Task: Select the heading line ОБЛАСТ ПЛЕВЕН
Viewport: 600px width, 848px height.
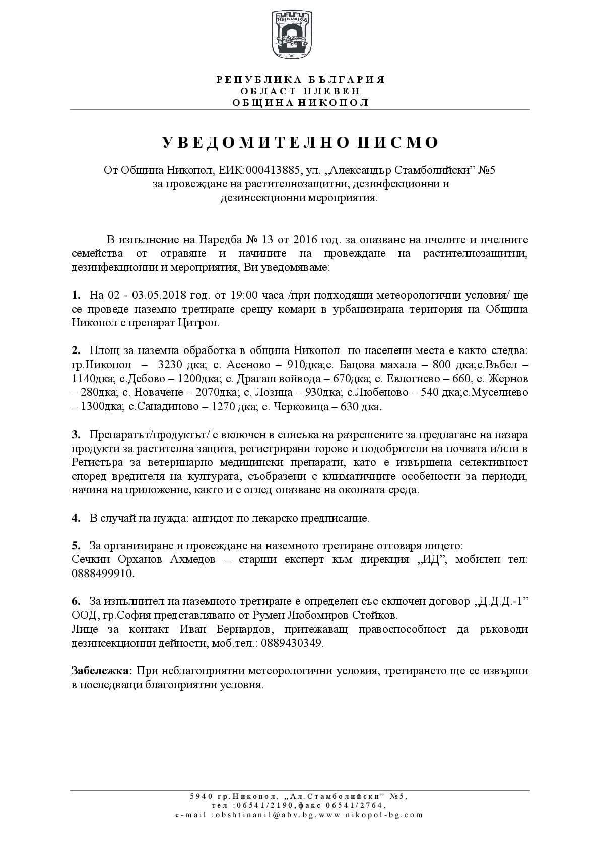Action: click(x=300, y=91)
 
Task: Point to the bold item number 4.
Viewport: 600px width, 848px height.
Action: click(x=76, y=518)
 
